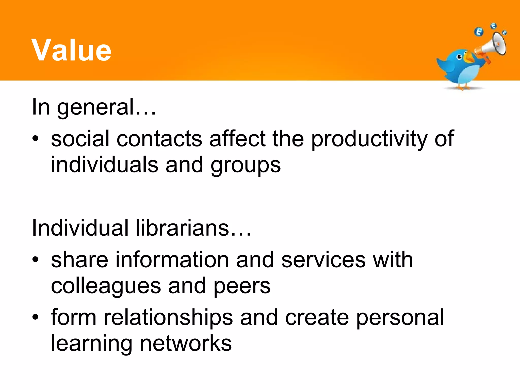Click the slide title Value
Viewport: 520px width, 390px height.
pos(71,50)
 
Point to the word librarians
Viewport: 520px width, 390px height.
pos(183,228)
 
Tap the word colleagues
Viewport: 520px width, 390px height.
pos(106,286)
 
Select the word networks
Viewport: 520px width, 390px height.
pos(186,343)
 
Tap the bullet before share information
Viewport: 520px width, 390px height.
pos(35,259)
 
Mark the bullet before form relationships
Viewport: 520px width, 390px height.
pos(35,317)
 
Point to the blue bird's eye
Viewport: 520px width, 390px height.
pos(459,57)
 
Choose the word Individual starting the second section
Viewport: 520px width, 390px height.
pos(80,228)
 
